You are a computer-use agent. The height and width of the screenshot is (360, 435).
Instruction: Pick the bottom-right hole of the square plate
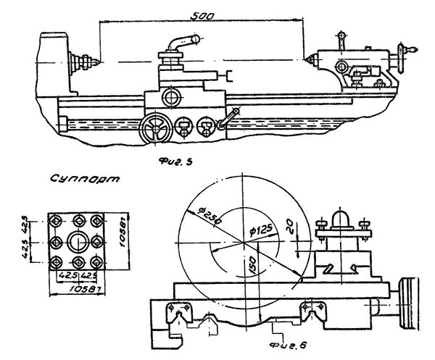point(97,261)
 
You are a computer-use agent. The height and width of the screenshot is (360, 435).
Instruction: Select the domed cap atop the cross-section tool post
point(341,216)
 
